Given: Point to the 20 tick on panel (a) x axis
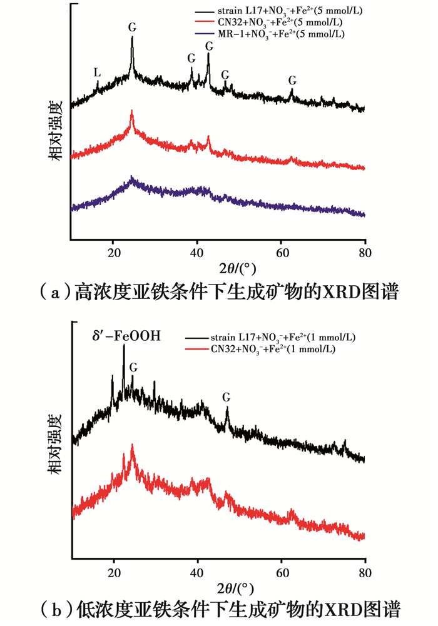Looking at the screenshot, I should coord(113,253).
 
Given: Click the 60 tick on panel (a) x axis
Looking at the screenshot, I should coord(281,253).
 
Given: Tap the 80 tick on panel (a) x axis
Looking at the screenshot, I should coord(365,253).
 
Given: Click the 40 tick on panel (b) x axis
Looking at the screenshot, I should coord(197,571).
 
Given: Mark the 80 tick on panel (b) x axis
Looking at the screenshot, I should coord(365,571).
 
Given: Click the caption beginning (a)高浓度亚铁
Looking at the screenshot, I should coord(218,291).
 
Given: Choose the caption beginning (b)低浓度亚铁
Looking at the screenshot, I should coord(218,610).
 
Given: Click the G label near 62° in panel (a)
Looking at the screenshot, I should coord(292,81).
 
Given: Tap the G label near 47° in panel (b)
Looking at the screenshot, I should coord(226,397).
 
